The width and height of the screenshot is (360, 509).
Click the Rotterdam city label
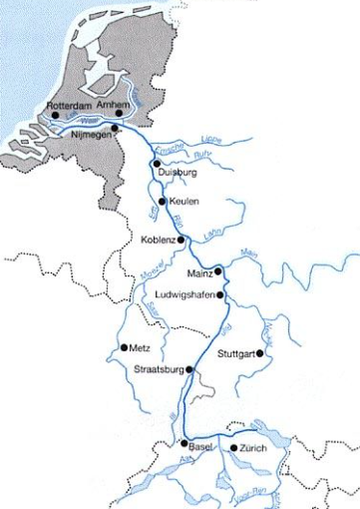click(70, 103)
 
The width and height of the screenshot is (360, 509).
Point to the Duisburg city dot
click(157, 163)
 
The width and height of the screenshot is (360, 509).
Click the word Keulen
click(184, 202)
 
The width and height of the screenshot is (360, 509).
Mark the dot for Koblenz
click(182, 241)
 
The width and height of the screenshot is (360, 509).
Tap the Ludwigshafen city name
click(186, 294)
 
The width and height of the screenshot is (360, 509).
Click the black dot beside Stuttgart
click(263, 353)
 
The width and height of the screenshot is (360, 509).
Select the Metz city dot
click(123, 347)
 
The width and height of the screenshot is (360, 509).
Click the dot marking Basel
click(183, 443)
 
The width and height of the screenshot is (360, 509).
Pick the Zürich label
click(252, 450)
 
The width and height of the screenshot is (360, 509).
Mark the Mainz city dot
click(217, 270)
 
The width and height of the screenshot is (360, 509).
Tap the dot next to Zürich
click(233, 449)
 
